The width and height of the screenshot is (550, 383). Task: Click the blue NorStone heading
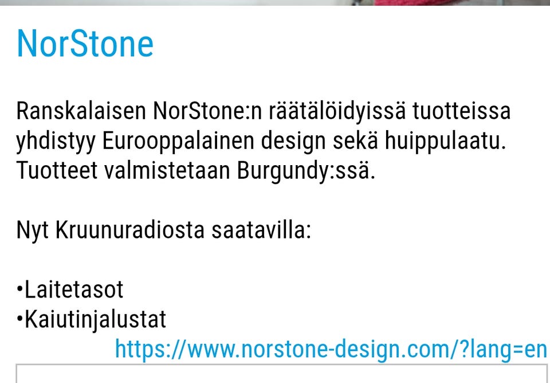85,44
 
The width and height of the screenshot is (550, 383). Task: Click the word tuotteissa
461,111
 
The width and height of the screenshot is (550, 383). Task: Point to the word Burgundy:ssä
307,171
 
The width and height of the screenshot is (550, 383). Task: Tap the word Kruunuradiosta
130,230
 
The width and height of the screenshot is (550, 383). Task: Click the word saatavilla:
261,230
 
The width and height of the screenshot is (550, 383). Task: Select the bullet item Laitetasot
74,290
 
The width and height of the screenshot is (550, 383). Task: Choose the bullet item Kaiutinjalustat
95,319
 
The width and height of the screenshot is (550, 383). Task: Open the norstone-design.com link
331,349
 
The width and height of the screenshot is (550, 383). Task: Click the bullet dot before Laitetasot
20,291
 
